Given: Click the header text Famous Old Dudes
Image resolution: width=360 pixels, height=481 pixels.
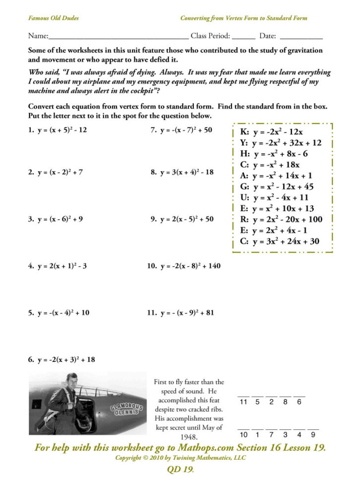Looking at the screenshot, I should click(x=53, y=18).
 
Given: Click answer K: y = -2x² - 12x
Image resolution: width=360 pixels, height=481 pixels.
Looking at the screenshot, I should click(x=271, y=132).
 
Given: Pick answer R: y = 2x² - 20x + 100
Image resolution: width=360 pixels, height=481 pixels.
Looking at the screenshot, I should click(x=281, y=220).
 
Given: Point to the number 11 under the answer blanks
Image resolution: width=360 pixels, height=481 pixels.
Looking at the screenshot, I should click(x=243, y=402).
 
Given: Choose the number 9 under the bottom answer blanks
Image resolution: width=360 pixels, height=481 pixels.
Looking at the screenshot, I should click(x=313, y=435).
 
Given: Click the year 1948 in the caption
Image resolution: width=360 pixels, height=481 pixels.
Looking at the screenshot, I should click(x=188, y=437).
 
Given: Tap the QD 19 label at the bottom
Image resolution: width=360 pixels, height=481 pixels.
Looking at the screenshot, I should click(x=180, y=470).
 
